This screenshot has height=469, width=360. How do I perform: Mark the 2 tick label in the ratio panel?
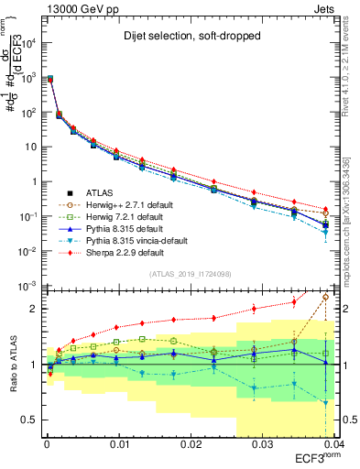(x=35, y=309)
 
